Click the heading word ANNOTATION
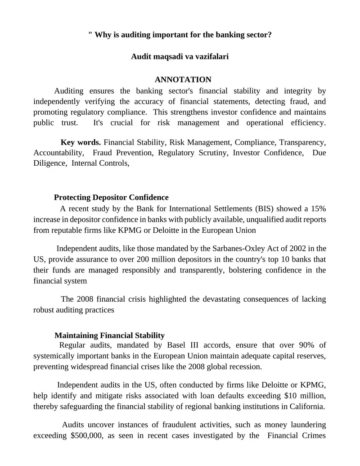point(183,80)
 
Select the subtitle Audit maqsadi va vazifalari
point(180,57)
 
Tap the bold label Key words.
point(81,142)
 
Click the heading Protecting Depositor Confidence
point(111,197)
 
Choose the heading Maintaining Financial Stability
point(109,335)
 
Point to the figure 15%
point(318,208)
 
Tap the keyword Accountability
point(58,153)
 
